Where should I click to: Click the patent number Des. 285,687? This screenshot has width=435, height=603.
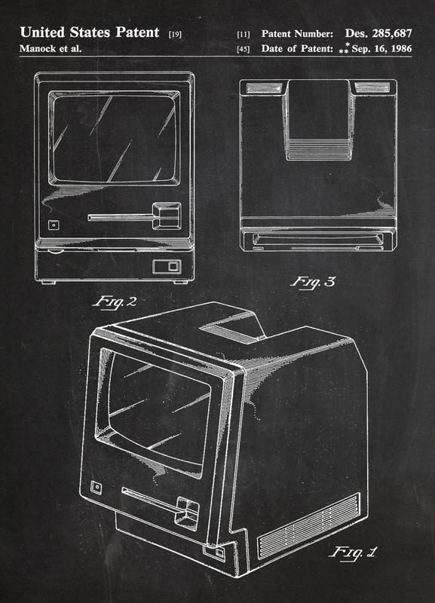(x=378, y=33)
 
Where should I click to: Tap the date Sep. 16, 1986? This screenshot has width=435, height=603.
(x=381, y=49)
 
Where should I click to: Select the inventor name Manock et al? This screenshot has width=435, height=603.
(x=51, y=49)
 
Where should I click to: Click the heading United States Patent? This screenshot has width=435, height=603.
(x=89, y=32)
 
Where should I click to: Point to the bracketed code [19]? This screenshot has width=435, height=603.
(x=175, y=35)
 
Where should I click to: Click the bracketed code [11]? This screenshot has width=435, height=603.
(x=243, y=35)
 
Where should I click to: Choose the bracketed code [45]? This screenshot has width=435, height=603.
(x=243, y=49)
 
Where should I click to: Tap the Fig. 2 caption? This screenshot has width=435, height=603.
(x=115, y=301)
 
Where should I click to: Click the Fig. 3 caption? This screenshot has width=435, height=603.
(x=312, y=282)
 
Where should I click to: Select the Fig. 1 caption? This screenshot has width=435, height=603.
(x=353, y=553)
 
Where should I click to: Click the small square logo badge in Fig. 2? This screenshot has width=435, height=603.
(x=54, y=225)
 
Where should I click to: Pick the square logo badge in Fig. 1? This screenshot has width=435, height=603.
(x=96, y=488)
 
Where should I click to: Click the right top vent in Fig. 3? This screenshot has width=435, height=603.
(x=372, y=87)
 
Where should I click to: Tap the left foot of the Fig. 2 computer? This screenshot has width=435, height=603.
(x=48, y=283)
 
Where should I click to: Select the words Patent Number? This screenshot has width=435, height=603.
(x=297, y=34)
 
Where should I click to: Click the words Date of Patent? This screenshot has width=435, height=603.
(x=297, y=49)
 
